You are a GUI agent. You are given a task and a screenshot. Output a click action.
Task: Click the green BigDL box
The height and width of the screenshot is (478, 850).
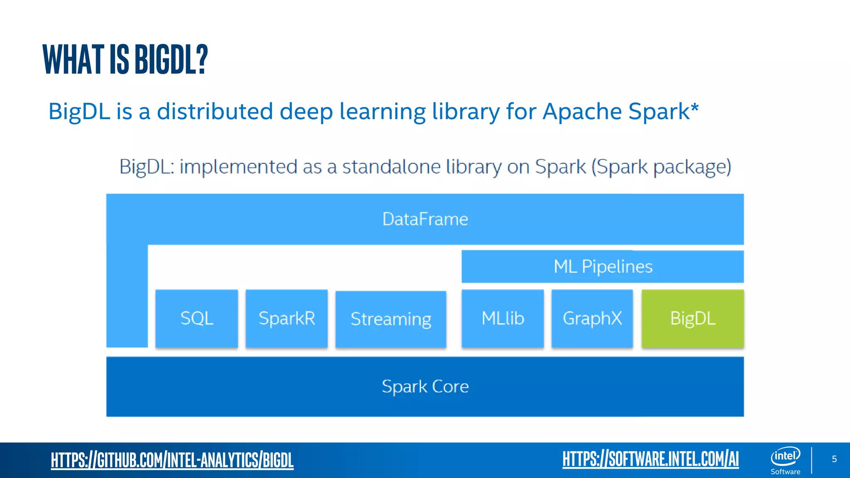click(692, 319)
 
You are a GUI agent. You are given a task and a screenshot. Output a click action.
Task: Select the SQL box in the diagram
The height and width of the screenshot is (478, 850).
click(197, 319)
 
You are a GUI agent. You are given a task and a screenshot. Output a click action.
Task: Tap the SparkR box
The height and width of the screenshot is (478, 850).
click(287, 319)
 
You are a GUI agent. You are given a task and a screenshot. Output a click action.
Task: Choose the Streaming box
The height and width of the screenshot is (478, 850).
click(391, 319)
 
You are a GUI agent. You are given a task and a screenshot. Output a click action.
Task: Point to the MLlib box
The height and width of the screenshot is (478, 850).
click(503, 319)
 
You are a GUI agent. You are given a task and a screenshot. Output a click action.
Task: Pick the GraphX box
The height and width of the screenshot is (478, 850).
click(592, 319)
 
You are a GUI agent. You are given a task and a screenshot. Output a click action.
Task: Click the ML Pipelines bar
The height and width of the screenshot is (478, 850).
click(603, 267)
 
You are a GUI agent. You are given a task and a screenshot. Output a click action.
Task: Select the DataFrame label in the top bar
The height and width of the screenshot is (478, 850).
click(425, 219)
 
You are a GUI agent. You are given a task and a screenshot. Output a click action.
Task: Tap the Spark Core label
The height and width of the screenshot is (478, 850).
click(425, 387)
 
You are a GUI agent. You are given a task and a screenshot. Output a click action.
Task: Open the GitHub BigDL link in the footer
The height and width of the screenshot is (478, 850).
click(172, 460)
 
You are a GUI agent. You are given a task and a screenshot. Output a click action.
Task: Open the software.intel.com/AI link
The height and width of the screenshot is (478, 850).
click(650, 459)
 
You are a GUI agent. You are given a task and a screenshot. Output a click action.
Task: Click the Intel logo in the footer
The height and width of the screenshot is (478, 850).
click(785, 456)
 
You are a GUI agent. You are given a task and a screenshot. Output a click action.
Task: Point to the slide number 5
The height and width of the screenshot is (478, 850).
click(834, 459)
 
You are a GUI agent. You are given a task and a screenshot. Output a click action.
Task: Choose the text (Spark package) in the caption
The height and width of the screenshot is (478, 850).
click(661, 167)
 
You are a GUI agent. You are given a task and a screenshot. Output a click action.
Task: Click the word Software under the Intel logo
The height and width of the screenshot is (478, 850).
click(785, 472)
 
